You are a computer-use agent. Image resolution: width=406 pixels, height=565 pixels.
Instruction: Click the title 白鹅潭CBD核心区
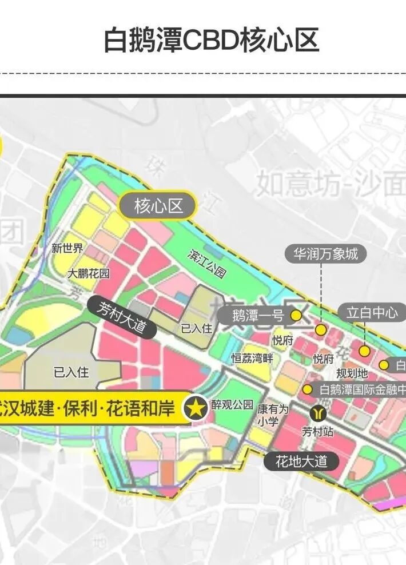click(211, 40)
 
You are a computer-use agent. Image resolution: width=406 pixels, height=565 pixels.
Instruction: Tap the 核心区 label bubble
click(158, 206)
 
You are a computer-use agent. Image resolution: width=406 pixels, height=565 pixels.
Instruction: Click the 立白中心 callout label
click(372, 312)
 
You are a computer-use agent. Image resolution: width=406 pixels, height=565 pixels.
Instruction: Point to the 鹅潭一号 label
click(258, 316)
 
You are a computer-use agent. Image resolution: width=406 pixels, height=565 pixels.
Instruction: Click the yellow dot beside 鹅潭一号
click(296, 315)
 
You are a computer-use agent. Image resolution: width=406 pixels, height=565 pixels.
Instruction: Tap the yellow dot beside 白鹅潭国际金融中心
click(308, 390)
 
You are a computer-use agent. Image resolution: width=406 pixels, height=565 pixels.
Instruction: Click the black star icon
click(196, 408)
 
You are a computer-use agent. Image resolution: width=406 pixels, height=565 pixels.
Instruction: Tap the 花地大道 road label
click(301, 461)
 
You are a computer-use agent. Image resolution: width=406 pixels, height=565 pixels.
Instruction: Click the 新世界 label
click(67, 248)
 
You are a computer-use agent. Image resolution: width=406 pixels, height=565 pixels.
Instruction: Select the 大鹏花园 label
click(89, 273)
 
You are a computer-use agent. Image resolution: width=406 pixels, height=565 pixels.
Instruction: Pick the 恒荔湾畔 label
click(252, 359)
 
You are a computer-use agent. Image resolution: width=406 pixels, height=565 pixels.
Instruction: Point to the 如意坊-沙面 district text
click(331, 183)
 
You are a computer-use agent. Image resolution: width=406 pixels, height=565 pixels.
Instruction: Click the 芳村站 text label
click(318, 431)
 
